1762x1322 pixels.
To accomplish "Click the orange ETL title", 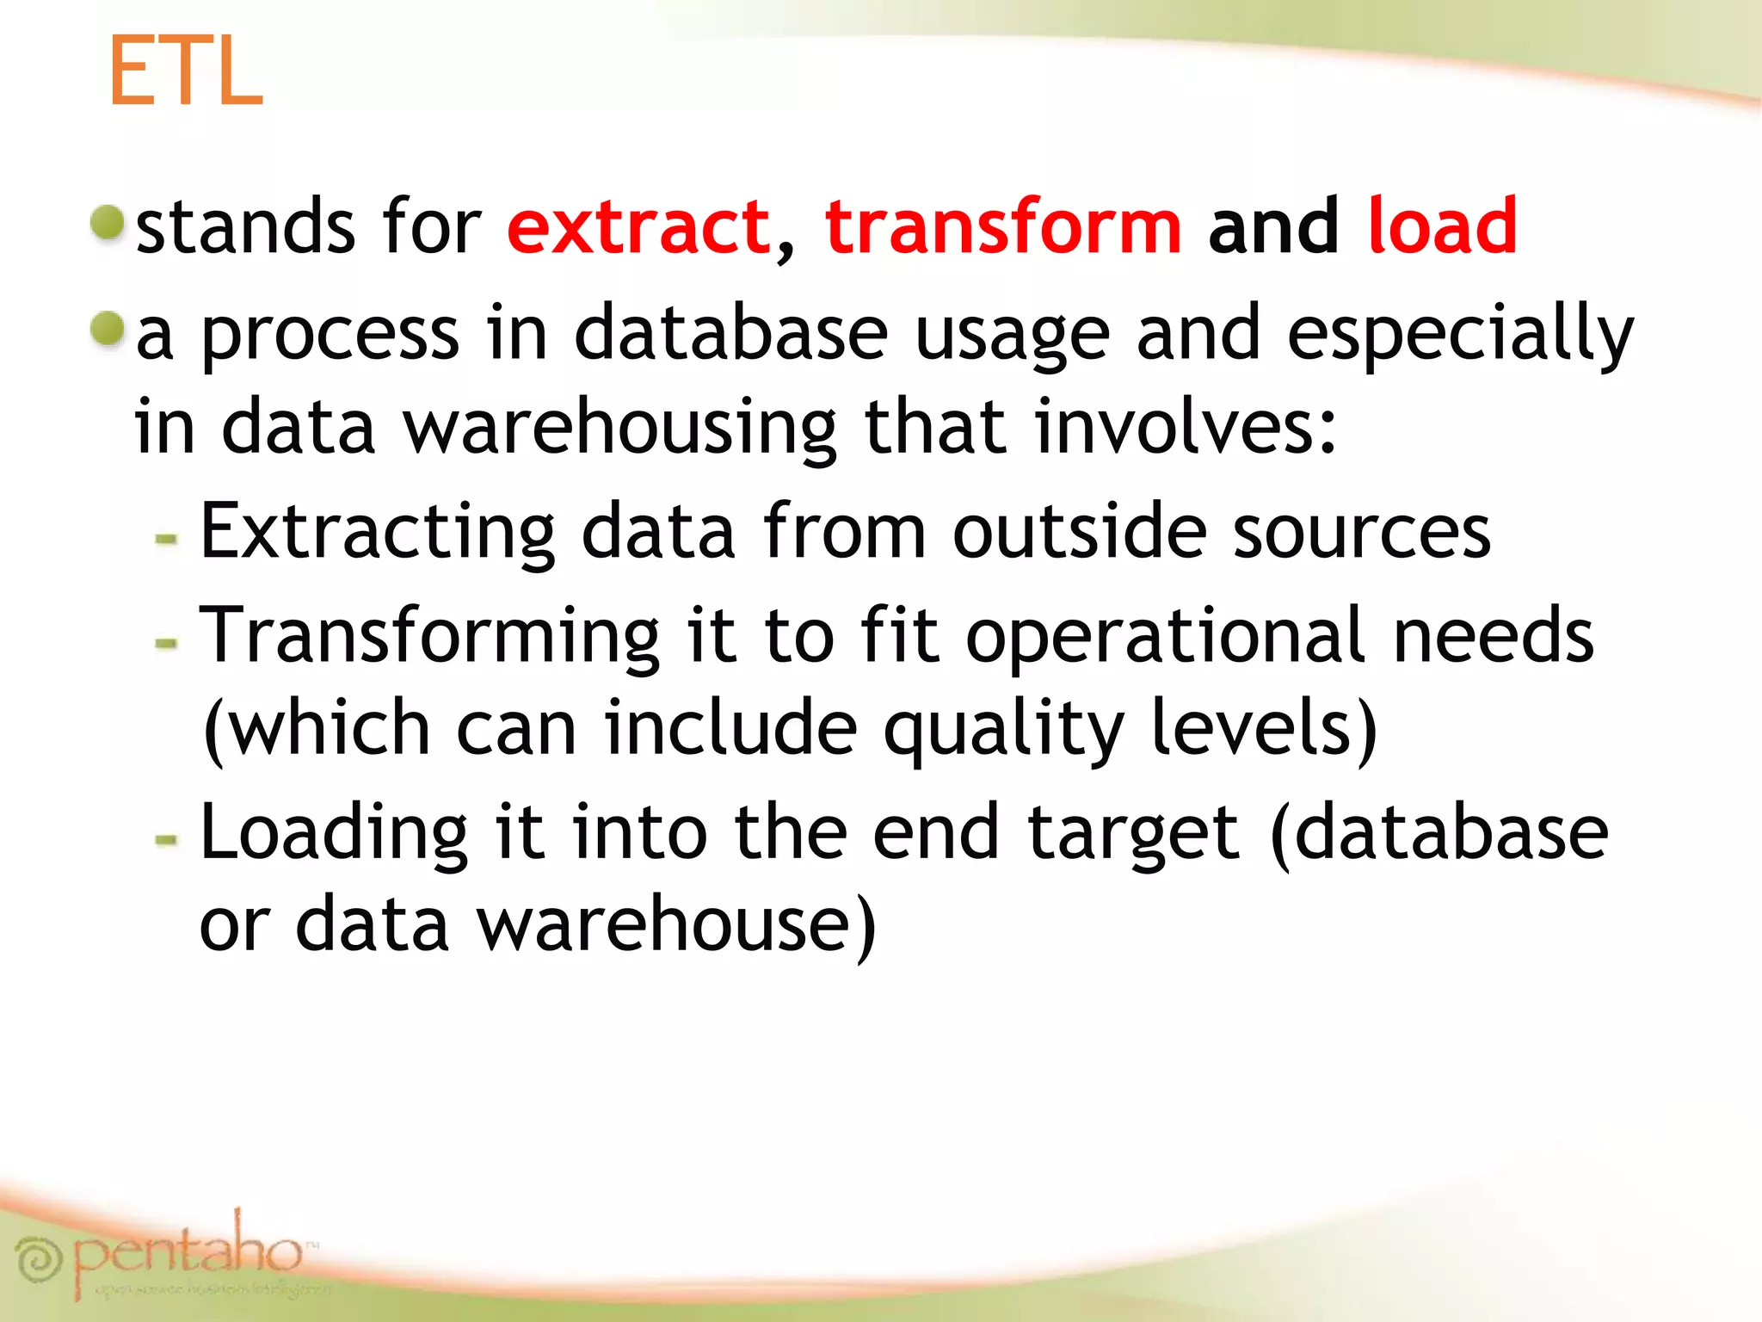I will (x=185, y=72).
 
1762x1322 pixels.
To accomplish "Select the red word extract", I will (x=638, y=227).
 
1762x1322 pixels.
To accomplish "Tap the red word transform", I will (x=1003, y=227).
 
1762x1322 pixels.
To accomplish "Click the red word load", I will (x=1442, y=227).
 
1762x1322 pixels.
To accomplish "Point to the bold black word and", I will (x=1273, y=227).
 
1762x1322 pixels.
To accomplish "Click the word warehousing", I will (x=619, y=428).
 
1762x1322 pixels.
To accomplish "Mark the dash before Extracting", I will (x=166, y=540).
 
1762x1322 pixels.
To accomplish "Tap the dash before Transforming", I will (x=166, y=643).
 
